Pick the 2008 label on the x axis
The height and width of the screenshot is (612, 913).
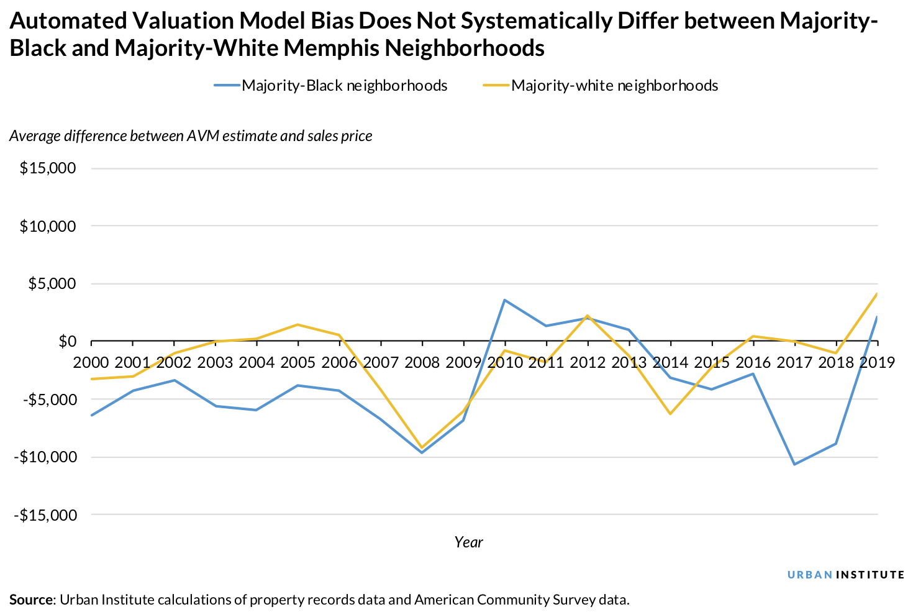[422, 362]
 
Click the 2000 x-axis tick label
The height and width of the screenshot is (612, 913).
[91, 362]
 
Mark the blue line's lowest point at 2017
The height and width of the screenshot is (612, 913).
[794, 464]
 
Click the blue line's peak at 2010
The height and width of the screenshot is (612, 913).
[505, 300]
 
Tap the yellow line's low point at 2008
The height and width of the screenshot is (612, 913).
[422, 447]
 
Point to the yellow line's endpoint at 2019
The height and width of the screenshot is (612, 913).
[876, 293]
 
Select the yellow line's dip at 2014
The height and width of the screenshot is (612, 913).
[670, 414]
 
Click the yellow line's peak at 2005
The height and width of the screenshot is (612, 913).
[298, 324]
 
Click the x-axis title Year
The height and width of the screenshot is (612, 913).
[468, 542]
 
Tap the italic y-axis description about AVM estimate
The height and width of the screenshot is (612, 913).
[191, 136]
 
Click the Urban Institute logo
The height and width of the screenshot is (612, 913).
[845, 575]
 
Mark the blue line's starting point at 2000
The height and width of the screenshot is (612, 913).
[91, 415]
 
